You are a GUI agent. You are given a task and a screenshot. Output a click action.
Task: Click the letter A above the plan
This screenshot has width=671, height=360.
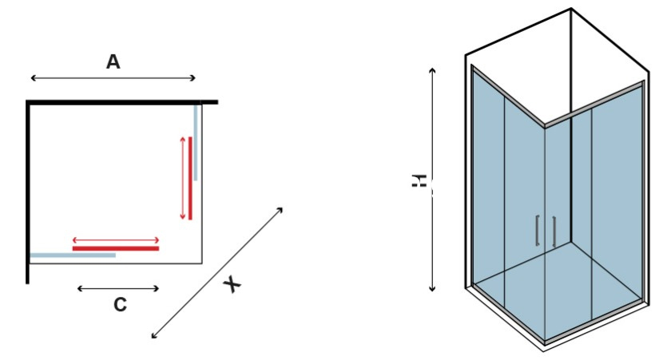[113, 61]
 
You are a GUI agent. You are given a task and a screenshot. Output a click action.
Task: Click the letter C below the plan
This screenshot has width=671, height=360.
[121, 304]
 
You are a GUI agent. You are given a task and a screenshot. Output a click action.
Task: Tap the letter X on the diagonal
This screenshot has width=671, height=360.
[232, 284]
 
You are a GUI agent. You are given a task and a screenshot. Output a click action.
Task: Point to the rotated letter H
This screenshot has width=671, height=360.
[419, 180]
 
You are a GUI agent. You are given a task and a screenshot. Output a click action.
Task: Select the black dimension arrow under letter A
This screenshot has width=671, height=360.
[113, 77]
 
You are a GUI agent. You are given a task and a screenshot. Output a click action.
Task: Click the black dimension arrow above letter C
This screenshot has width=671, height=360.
[118, 289]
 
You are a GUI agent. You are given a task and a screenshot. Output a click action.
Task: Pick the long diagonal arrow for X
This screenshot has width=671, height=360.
[217, 273]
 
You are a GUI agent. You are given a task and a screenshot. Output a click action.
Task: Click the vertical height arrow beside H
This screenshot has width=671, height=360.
[432, 180]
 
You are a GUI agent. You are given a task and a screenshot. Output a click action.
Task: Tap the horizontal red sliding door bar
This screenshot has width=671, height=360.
[116, 248]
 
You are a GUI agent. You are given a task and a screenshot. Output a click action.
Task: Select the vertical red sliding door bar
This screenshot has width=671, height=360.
[190, 178]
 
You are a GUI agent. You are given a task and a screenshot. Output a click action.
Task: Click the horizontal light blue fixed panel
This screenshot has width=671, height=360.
[73, 255]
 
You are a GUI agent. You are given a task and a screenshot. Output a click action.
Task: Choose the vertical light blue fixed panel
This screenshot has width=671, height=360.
[196, 142]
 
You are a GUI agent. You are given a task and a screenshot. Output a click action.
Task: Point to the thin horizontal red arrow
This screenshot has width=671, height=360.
[116, 240]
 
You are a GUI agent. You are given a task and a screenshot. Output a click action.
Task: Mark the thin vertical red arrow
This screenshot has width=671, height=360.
[183, 178]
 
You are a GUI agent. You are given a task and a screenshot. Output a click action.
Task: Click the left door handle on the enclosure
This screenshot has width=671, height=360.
[538, 231]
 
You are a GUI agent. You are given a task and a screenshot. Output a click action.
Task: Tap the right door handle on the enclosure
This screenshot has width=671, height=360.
[554, 231]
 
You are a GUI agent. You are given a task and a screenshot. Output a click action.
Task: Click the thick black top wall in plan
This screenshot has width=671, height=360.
[122, 102]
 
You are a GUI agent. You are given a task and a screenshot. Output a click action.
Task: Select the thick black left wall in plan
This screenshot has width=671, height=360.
[27, 192]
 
